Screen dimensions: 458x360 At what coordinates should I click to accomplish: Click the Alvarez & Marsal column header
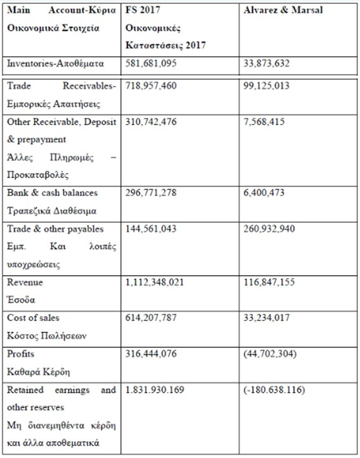coord(283,10)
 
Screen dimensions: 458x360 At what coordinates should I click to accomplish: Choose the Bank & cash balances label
coord(52,192)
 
